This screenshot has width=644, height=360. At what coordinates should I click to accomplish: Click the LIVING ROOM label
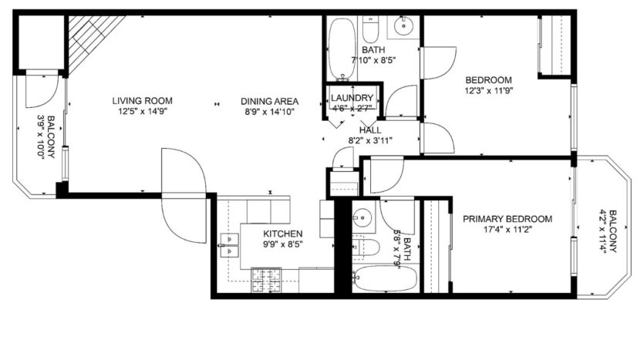click(x=142, y=100)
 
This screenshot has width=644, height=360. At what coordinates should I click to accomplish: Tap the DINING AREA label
click(x=269, y=101)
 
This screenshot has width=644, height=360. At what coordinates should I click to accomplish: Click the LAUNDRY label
click(x=352, y=99)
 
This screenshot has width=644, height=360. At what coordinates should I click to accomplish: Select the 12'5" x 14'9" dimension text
click(x=142, y=111)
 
